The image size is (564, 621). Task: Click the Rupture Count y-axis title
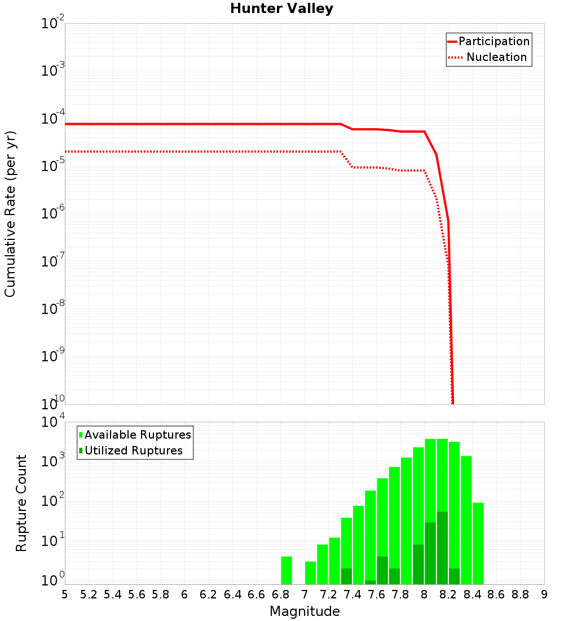pos(21,503)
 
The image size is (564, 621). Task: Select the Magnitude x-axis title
pos(305,611)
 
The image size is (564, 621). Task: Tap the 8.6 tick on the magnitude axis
pos(496,594)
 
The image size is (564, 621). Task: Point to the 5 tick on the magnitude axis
pos(65,594)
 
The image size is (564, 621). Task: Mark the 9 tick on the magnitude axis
pos(544,594)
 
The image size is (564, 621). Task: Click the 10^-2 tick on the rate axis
pos(53,24)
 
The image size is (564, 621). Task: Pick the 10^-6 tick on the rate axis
pos(53,215)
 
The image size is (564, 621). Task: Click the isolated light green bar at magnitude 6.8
pos(287,571)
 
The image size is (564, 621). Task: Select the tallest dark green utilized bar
pos(442,548)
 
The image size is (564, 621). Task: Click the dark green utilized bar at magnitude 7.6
pos(382,571)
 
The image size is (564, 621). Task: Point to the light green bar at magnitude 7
pos(310,573)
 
